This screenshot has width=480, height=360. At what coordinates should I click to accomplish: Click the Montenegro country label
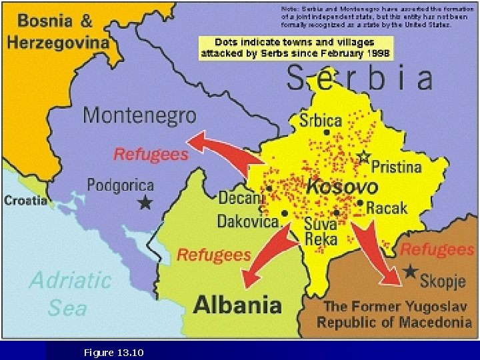point(139,115)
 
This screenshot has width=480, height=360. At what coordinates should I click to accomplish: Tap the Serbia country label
point(359,79)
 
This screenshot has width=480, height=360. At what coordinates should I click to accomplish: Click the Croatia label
point(25,200)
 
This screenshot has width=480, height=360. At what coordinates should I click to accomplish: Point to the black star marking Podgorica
point(145,203)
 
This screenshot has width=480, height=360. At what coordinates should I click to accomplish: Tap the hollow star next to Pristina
point(363,157)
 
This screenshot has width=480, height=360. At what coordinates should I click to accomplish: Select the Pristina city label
point(396,166)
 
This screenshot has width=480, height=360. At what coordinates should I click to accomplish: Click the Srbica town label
point(320,121)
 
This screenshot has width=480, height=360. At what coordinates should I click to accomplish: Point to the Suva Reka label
point(321,231)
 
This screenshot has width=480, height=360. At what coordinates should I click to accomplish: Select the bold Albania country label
point(237,305)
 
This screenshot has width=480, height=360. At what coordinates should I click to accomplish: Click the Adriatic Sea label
point(69,293)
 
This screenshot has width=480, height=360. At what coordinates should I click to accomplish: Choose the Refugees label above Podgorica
point(151,154)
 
